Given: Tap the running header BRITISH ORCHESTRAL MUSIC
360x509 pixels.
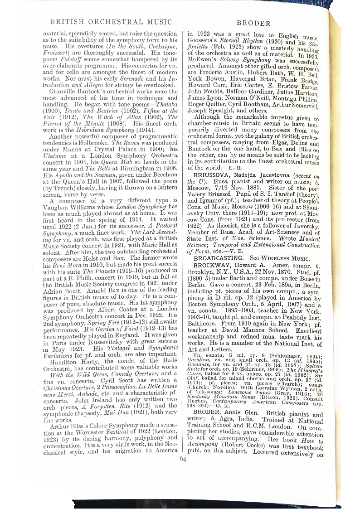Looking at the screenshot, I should [x=111, y=22].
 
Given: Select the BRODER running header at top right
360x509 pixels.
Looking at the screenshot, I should [x=253, y=24].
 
